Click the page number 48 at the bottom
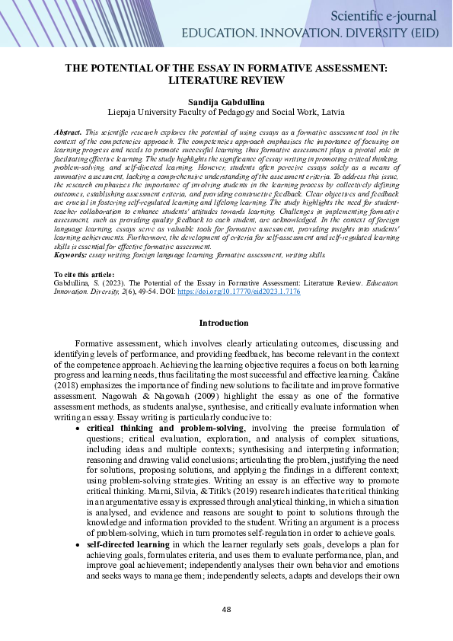click(226, 609)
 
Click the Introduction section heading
click(226, 323)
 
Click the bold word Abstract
click(69, 132)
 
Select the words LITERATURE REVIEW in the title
click(226, 79)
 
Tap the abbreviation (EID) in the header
click(427, 33)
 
